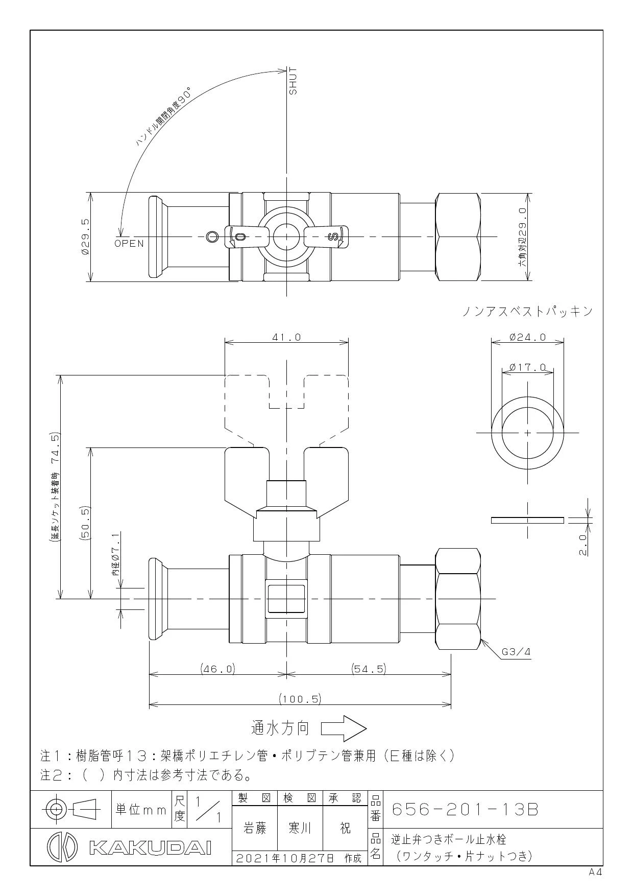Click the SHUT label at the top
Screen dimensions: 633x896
(x=293, y=81)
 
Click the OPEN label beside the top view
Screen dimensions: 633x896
(x=129, y=243)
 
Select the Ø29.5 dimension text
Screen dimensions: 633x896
(x=86, y=237)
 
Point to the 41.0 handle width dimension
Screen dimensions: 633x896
(x=287, y=337)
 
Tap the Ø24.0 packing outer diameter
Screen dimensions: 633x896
(x=527, y=337)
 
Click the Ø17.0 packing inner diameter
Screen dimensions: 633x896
(x=527, y=367)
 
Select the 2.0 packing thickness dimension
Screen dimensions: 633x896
(x=583, y=545)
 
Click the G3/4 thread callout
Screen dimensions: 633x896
(x=516, y=652)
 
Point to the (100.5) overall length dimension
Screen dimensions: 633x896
(x=300, y=698)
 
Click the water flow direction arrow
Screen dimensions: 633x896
(x=344, y=728)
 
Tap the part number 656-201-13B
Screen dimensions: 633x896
(x=465, y=810)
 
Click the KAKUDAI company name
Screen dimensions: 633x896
(x=150, y=848)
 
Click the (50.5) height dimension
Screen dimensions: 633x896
(x=85, y=523)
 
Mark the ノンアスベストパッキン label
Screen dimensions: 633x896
(x=527, y=311)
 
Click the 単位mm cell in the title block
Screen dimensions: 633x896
(x=141, y=810)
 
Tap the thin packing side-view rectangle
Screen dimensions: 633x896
(x=527, y=520)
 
